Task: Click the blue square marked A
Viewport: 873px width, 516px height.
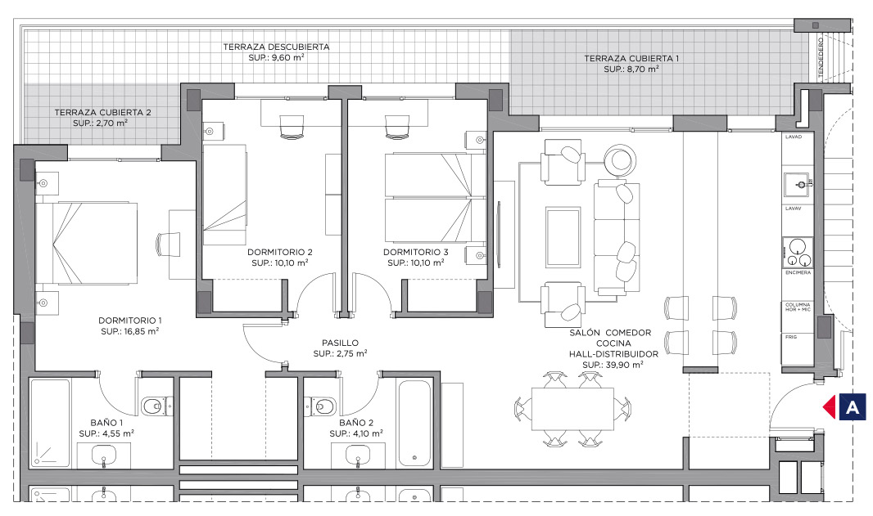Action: coord(853,406)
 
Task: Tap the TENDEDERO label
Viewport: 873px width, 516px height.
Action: coord(821,57)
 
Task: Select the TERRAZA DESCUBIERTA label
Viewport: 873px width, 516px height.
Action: coord(276,47)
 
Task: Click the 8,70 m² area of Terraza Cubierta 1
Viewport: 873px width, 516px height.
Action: coord(631,70)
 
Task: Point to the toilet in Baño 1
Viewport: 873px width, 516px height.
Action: coord(155,406)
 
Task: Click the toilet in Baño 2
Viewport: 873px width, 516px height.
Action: coord(321,406)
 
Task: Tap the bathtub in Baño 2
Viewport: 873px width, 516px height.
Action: coord(414,424)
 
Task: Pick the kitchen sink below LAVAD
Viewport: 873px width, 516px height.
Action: coord(798,185)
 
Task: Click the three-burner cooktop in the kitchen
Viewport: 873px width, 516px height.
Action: coord(798,252)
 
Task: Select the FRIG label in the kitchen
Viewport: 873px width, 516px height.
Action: coord(791,337)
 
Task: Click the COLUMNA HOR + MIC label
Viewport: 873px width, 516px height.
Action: coord(798,307)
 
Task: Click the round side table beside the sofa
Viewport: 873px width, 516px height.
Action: coord(620,159)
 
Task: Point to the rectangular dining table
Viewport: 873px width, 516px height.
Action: coord(572,409)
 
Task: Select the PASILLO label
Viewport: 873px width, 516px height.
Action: coord(340,343)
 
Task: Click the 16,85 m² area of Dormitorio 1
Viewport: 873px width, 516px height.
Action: coord(130,331)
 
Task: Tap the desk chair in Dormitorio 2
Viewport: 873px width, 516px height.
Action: coord(292,126)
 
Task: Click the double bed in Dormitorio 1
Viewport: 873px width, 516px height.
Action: coord(86,242)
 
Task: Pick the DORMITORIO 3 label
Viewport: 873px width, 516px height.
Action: coord(416,252)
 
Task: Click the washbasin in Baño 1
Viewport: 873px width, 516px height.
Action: coord(103,455)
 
